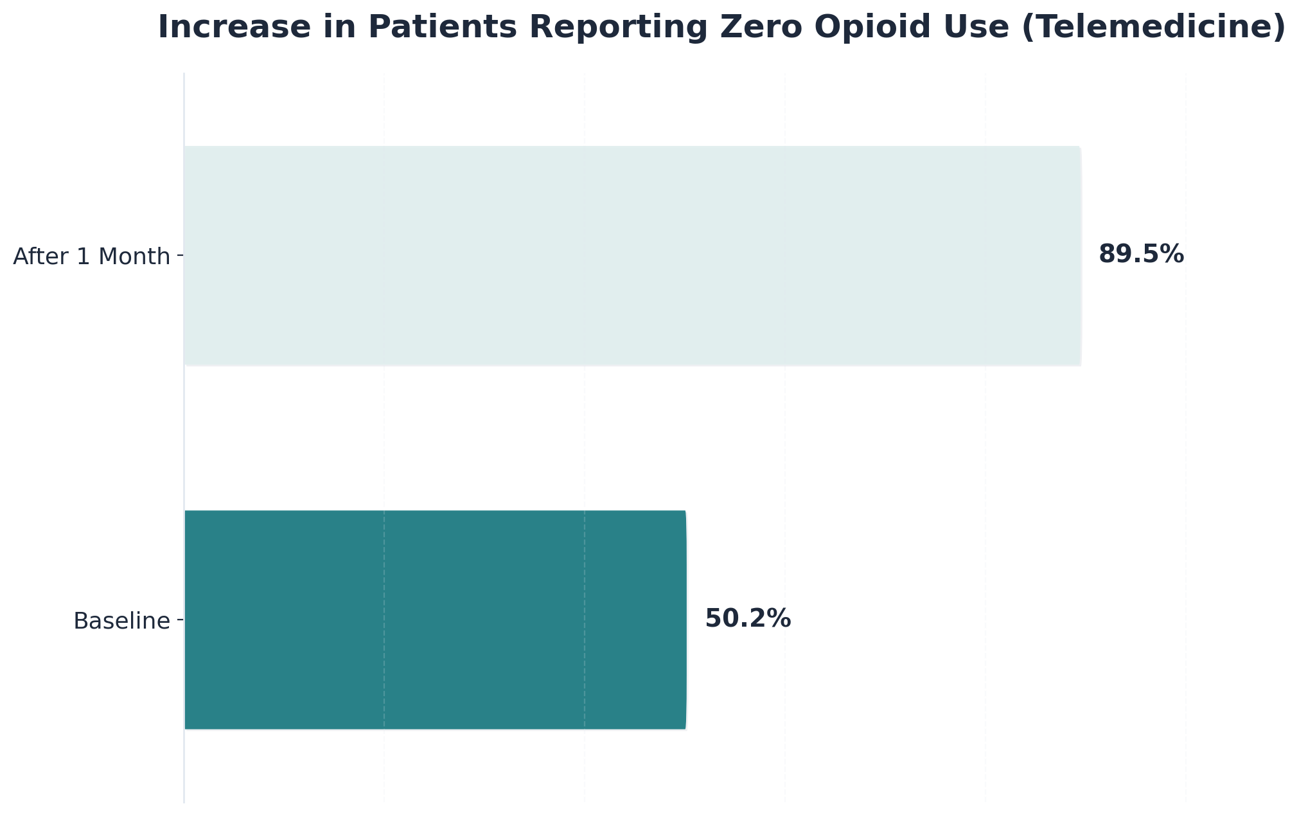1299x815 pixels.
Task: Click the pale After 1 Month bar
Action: click(x=633, y=256)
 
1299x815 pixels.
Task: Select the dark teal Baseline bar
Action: click(x=435, y=620)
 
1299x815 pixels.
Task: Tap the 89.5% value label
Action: click(x=1141, y=255)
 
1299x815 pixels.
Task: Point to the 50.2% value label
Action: click(x=748, y=619)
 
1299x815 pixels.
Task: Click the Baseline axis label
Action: click(x=122, y=622)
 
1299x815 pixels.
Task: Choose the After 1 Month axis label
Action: click(x=91, y=257)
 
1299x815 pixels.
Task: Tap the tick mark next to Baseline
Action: click(x=180, y=620)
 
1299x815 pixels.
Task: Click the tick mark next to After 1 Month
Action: click(x=180, y=256)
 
